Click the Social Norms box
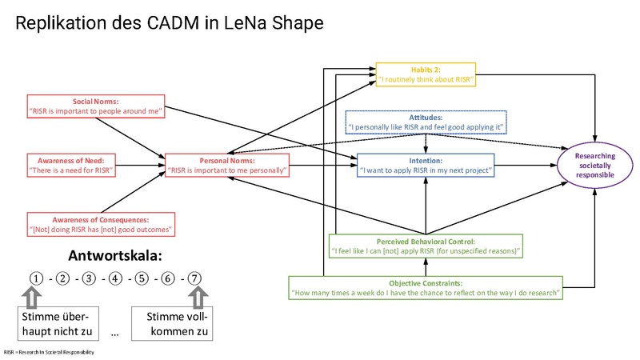click(97, 108)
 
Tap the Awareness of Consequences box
click(102, 224)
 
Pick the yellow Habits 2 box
click(426, 74)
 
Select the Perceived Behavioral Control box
click(426, 246)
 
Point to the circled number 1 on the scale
click(36, 278)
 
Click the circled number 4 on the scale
click(115, 278)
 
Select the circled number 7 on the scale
click(194, 278)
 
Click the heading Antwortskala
click(115, 255)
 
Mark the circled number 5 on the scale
click(142, 278)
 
